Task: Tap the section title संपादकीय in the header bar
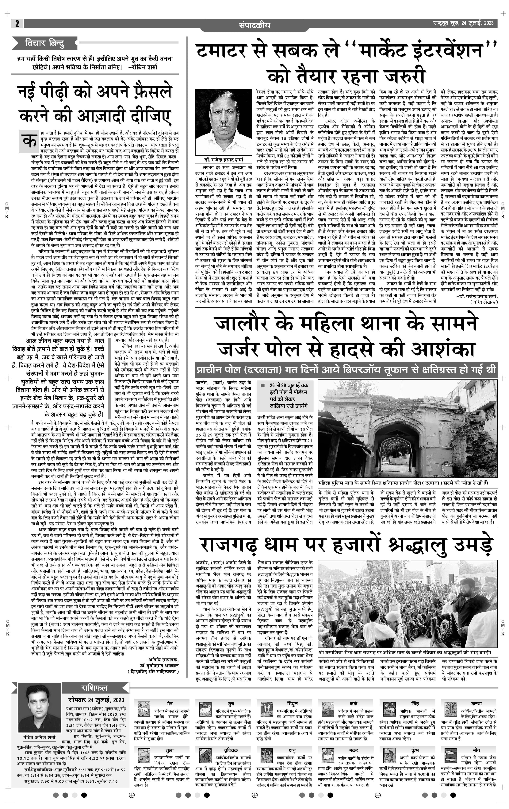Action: click(254, 25)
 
